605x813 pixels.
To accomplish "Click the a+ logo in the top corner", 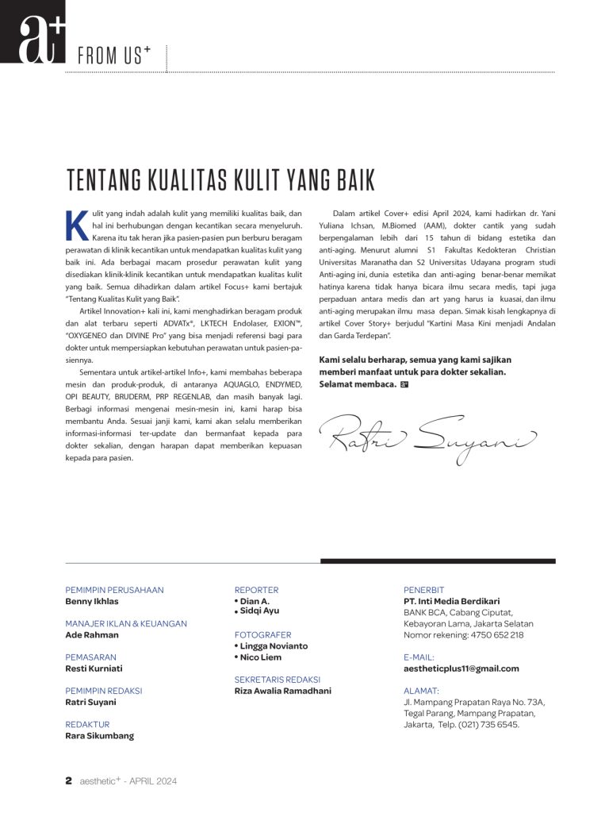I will point(33,32).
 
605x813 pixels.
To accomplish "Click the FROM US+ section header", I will point(114,56).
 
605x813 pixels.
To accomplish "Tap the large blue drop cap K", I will point(76,225).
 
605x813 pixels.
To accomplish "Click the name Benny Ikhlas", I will point(91,601).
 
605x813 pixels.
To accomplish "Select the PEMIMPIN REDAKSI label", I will point(103,691).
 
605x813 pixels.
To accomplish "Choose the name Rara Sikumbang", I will point(99,735).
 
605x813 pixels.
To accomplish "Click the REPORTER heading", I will point(256,590).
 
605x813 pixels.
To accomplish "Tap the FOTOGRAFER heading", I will point(262,635).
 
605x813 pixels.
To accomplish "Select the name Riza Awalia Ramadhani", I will point(283,691).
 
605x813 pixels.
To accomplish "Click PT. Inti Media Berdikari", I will point(452,601).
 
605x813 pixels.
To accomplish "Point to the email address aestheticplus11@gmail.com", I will point(461,669).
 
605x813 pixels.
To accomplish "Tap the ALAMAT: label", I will point(421,691).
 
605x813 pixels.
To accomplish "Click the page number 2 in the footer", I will point(69,780).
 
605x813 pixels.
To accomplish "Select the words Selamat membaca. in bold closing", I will point(358,384).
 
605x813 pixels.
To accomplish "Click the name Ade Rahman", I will point(92,634).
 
